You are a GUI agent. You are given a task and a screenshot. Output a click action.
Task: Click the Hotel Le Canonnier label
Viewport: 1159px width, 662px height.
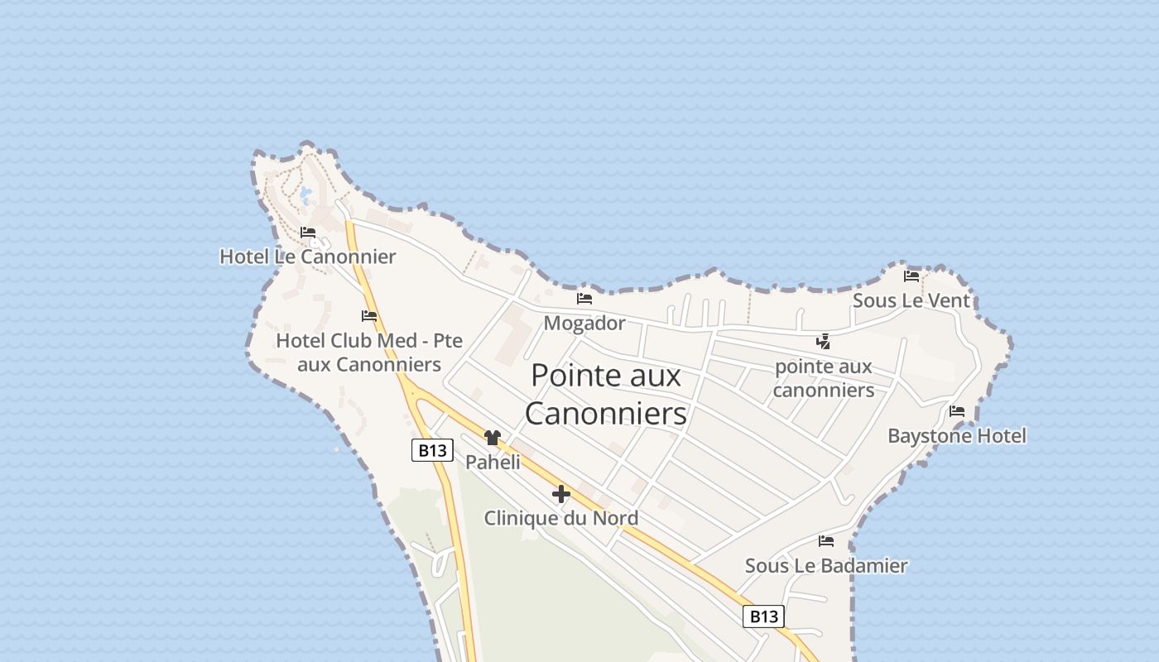coord(307,257)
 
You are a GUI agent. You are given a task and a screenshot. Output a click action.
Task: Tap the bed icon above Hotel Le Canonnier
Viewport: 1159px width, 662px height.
coord(308,233)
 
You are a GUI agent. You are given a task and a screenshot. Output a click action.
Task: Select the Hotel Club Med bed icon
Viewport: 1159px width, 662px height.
coord(369,316)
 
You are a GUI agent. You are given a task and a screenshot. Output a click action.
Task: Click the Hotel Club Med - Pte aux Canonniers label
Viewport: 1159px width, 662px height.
coord(369,353)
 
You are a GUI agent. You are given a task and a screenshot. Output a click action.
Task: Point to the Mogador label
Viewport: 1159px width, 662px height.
coord(584,323)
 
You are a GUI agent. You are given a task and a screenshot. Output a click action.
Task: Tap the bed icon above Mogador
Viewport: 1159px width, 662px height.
coord(584,299)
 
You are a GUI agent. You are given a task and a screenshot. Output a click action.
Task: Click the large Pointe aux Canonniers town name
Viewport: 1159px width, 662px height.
coord(606,394)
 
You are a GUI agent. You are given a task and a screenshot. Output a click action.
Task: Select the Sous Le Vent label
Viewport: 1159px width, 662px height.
coord(911,300)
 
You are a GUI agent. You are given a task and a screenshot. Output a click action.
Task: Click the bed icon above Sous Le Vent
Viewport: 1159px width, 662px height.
coord(911,276)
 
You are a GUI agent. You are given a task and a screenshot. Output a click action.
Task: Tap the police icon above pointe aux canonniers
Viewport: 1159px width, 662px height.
coord(823,341)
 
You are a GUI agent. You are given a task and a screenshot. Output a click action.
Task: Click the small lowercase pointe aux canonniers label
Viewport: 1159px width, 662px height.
coord(823,378)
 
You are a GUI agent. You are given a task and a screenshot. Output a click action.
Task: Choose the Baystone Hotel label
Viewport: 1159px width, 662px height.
coord(956,435)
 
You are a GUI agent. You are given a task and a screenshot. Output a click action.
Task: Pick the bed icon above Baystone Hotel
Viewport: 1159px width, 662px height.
coord(957,411)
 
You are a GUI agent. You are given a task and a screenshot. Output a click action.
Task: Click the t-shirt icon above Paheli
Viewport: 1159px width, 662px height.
coord(493,438)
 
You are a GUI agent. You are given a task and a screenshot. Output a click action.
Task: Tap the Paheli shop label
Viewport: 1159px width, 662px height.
coord(493,462)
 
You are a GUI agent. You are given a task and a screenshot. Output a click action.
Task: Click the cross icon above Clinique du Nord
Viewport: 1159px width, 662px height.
coord(560,494)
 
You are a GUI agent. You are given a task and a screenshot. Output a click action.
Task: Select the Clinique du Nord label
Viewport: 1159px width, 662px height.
coord(560,518)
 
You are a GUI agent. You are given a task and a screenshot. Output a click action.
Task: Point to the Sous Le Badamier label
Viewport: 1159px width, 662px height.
coord(826,566)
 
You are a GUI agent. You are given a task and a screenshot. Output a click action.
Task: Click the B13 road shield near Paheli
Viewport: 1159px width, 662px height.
coord(432,450)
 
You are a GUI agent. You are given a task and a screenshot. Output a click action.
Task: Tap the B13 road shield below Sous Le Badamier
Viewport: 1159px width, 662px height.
coord(763,616)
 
